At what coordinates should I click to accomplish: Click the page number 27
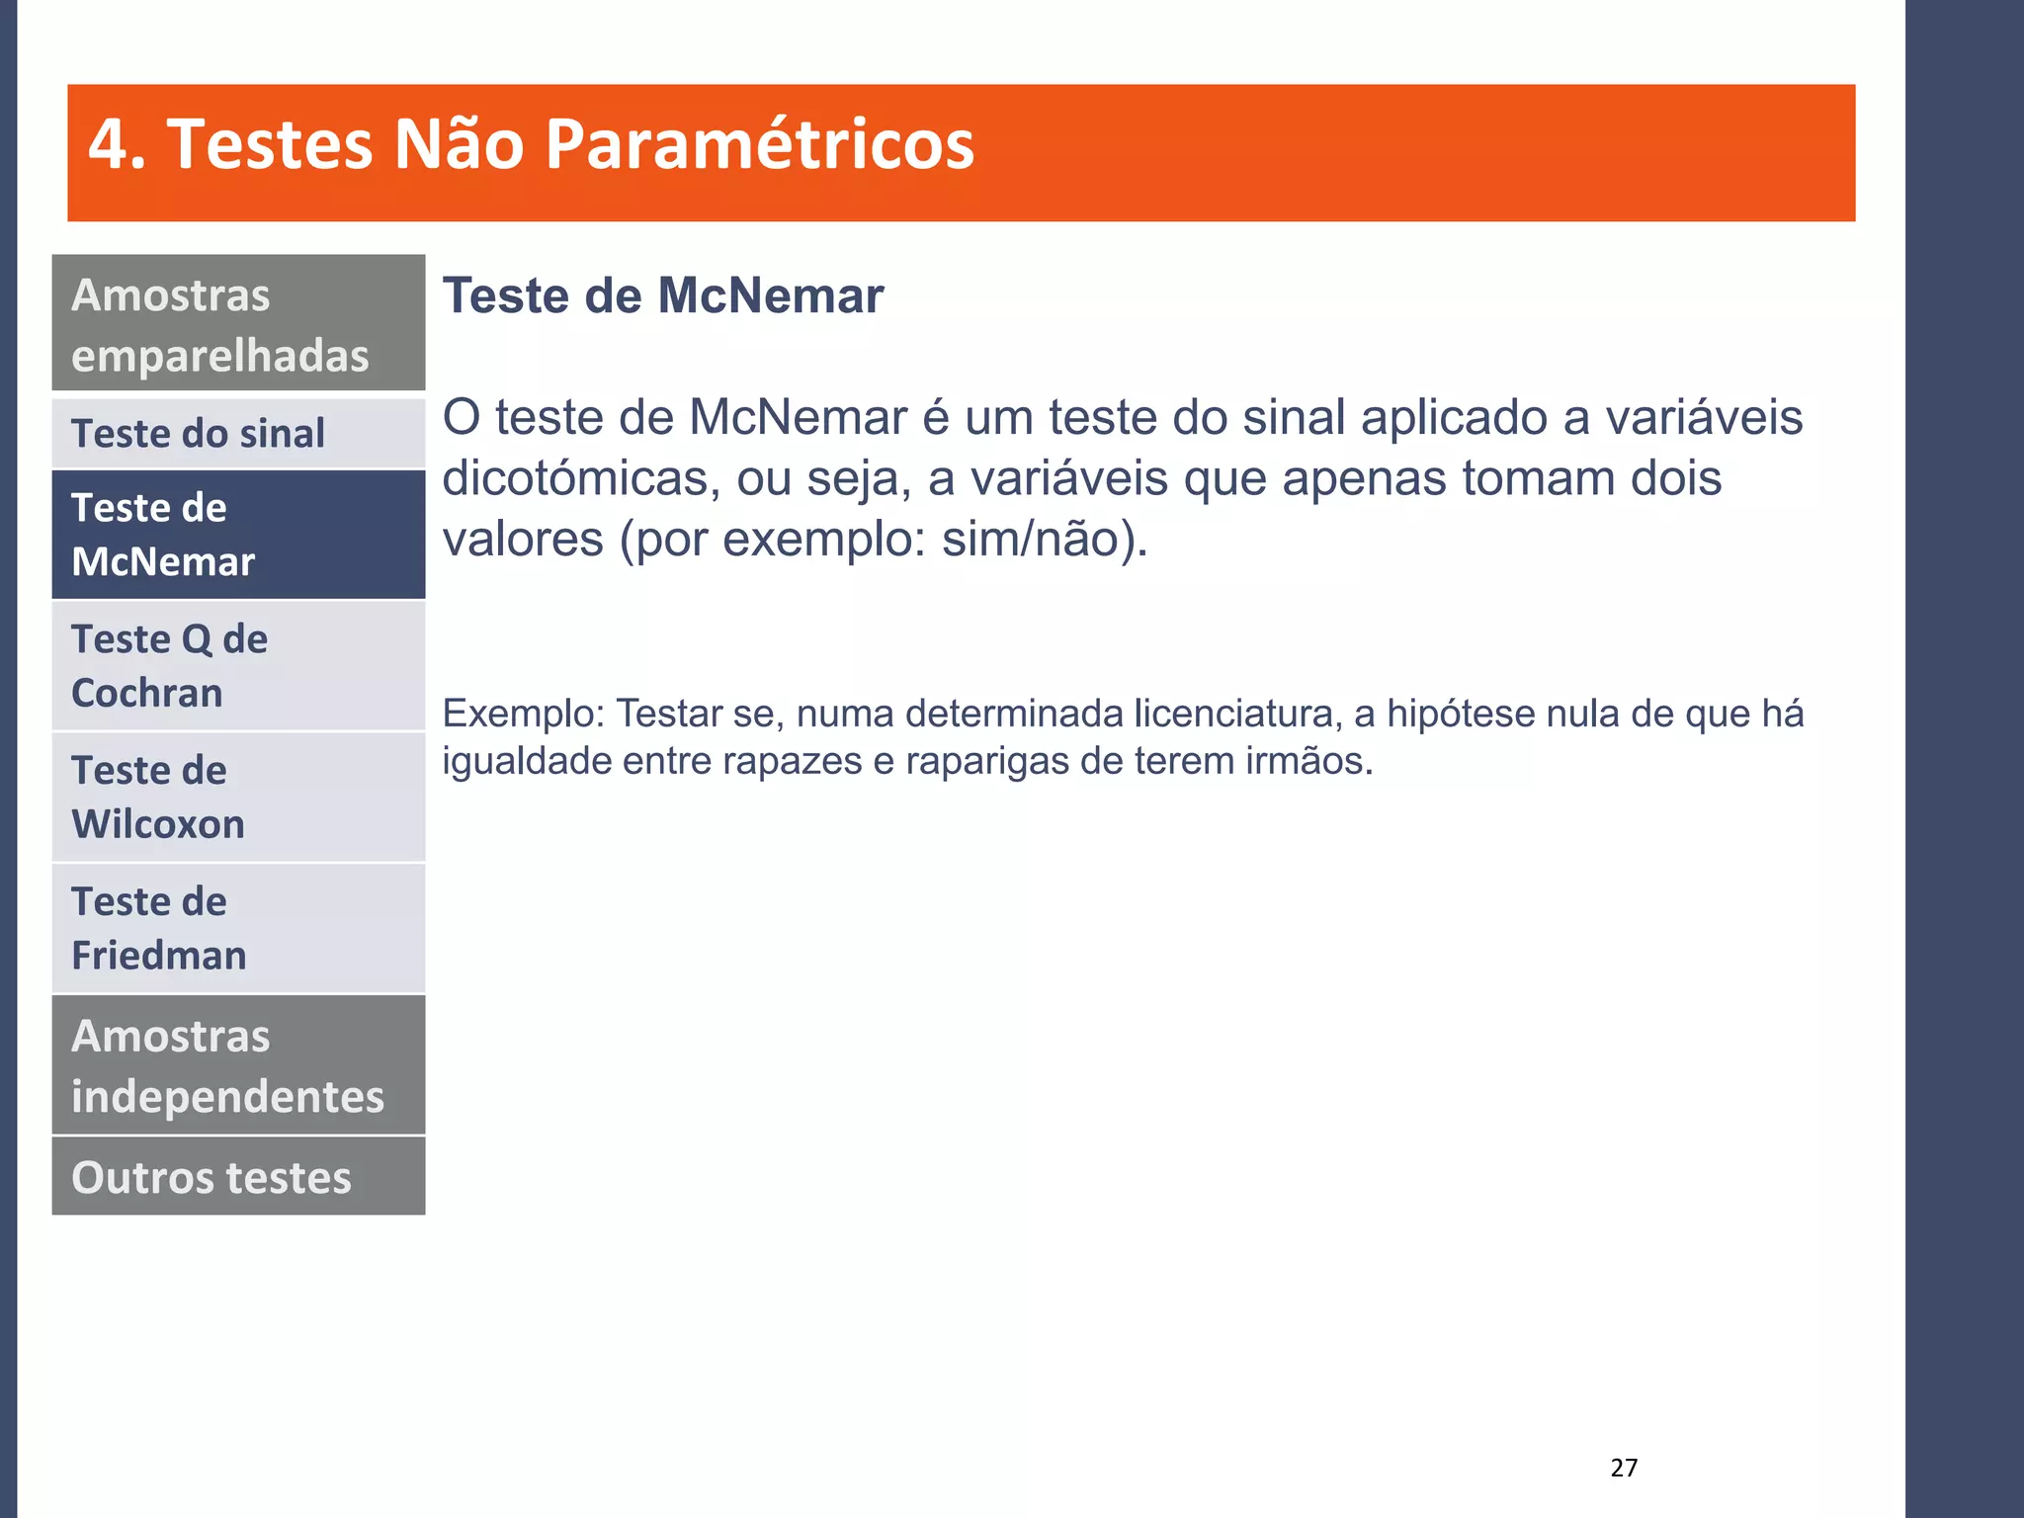[1624, 1468]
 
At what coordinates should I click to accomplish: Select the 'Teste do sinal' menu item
[238, 434]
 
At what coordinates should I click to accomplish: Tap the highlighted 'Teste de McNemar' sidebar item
[238, 535]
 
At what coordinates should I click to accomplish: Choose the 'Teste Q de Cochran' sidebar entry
[238, 666]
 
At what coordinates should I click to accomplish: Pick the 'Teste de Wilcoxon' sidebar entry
[238, 797]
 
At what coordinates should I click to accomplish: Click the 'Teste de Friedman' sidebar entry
[238, 928]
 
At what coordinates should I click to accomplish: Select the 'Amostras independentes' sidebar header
[238, 1065]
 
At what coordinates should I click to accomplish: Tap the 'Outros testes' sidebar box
[238, 1177]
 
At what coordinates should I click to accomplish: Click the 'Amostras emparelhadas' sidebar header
[238, 324]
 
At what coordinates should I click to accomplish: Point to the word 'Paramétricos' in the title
[759, 145]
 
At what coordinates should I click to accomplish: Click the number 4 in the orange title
[109, 145]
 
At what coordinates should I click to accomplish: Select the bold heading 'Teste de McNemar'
[662, 295]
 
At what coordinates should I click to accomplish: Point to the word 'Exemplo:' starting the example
[523, 714]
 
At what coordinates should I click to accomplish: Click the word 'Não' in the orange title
[458, 145]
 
